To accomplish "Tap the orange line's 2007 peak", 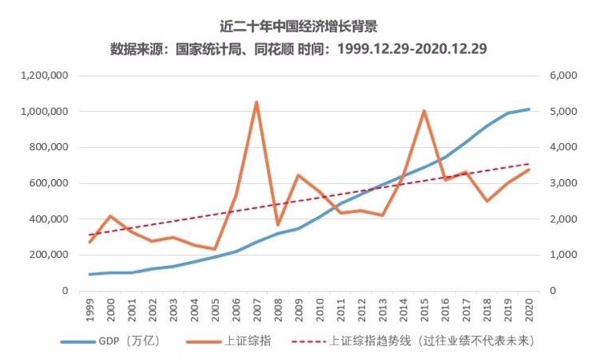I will (x=256, y=102).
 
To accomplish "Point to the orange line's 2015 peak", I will (x=424, y=111).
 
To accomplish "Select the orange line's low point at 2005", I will (x=215, y=249).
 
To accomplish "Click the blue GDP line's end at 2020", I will (x=529, y=109).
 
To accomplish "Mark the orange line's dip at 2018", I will (x=487, y=201).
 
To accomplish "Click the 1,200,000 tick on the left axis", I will (x=45, y=76).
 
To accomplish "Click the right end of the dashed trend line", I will (x=529, y=164).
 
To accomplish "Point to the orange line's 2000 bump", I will (x=110, y=216).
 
